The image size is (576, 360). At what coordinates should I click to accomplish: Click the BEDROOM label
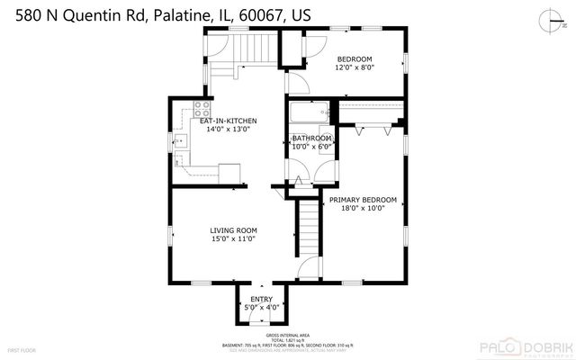coord(354,58)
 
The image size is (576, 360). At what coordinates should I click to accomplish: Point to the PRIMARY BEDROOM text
coord(362,200)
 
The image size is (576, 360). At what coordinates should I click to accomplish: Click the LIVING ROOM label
coord(233,230)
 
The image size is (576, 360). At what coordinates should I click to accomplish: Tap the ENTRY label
coord(261,299)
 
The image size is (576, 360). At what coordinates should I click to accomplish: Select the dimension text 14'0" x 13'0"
coord(229,130)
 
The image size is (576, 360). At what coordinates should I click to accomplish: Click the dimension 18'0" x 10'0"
coord(362,208)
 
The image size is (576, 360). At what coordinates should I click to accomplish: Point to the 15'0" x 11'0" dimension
coord(233,238)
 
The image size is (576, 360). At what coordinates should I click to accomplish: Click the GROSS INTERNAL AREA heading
coord(288,332)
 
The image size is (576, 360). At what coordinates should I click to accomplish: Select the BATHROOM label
coord(311,138)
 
